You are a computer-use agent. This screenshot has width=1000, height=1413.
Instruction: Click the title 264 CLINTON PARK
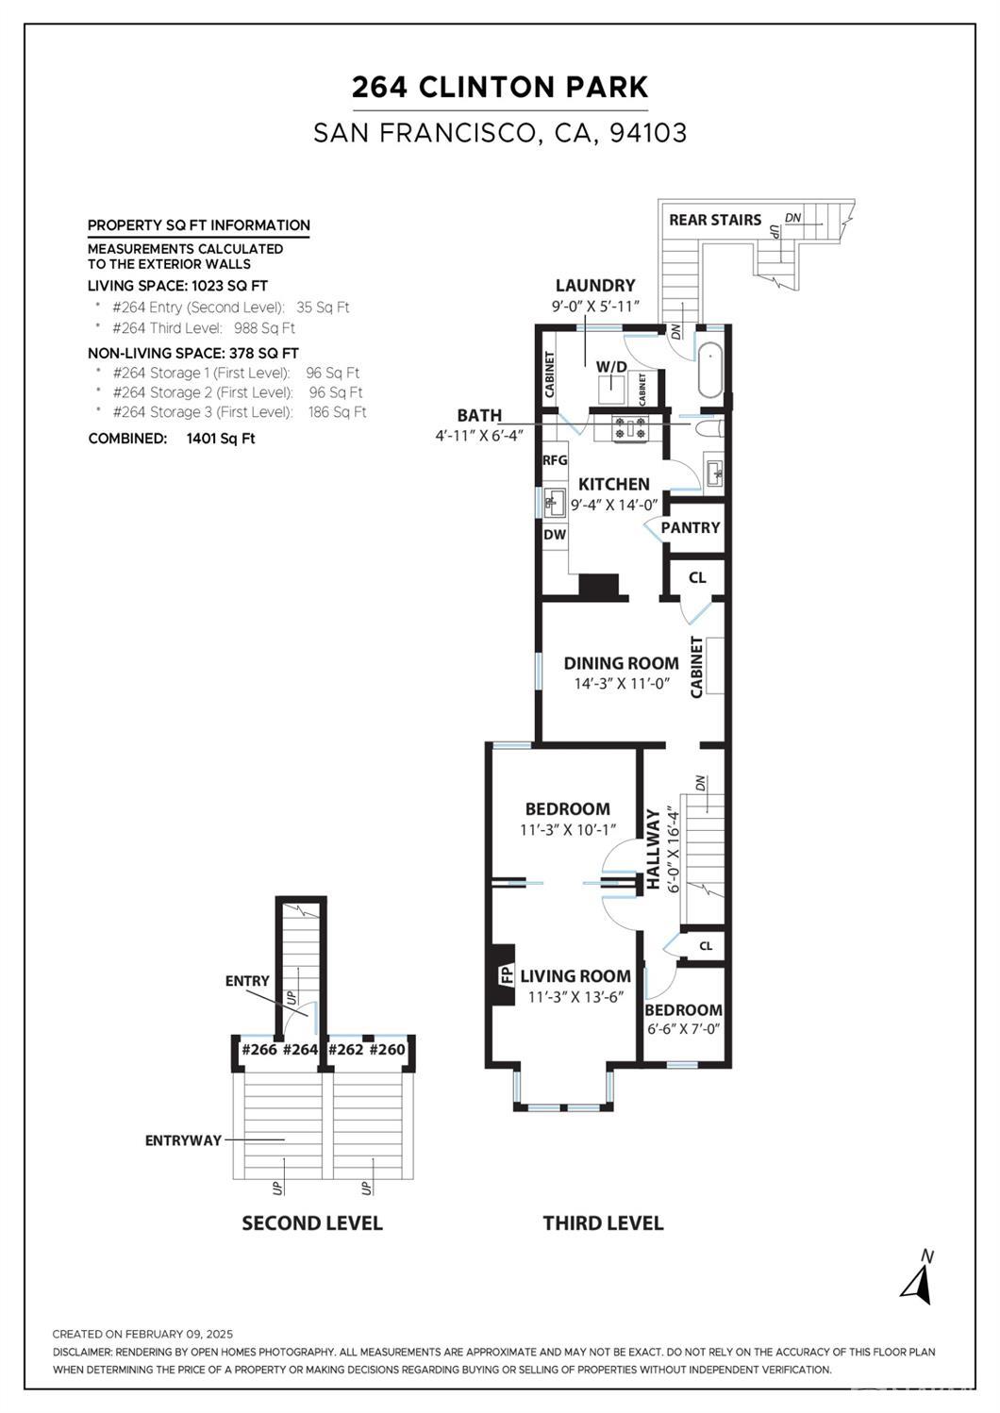coord(500,87)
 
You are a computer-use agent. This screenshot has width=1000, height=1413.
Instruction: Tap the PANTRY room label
coord(691,527)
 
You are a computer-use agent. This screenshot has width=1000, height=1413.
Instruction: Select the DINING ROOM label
coord(621,663)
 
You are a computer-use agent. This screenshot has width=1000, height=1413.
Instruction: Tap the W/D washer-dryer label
coord(611,367)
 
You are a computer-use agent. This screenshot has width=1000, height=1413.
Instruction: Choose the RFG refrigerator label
coord(556,460)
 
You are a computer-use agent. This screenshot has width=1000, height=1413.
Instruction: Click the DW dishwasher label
coord(555,534)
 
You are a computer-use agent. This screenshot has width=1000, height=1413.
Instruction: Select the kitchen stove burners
coord(630,427)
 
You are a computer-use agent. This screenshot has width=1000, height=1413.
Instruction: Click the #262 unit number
coord(345,1050)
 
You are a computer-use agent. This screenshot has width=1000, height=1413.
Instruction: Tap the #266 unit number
coord(260,1050)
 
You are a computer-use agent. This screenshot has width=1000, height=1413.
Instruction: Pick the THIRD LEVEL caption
coord(603,1223)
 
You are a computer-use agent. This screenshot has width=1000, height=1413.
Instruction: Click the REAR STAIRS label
coord(715,220)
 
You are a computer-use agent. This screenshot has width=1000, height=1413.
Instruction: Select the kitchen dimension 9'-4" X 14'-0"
coord(614,505)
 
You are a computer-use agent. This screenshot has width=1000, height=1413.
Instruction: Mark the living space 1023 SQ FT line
coord(177,286)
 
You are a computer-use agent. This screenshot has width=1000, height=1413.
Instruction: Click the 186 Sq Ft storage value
coord(338,412)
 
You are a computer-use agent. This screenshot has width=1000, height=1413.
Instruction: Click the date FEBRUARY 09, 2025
coord(179,1334)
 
